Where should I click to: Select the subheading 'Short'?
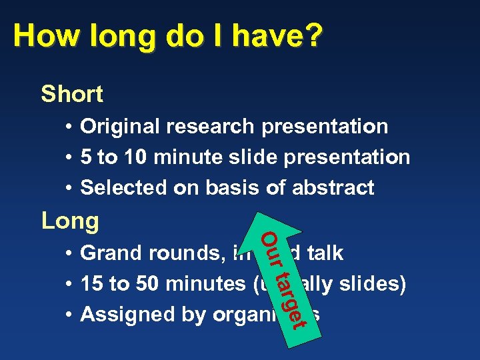72,94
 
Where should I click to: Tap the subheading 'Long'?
70,220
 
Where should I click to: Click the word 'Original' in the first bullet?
120,127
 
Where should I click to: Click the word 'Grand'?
109,253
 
